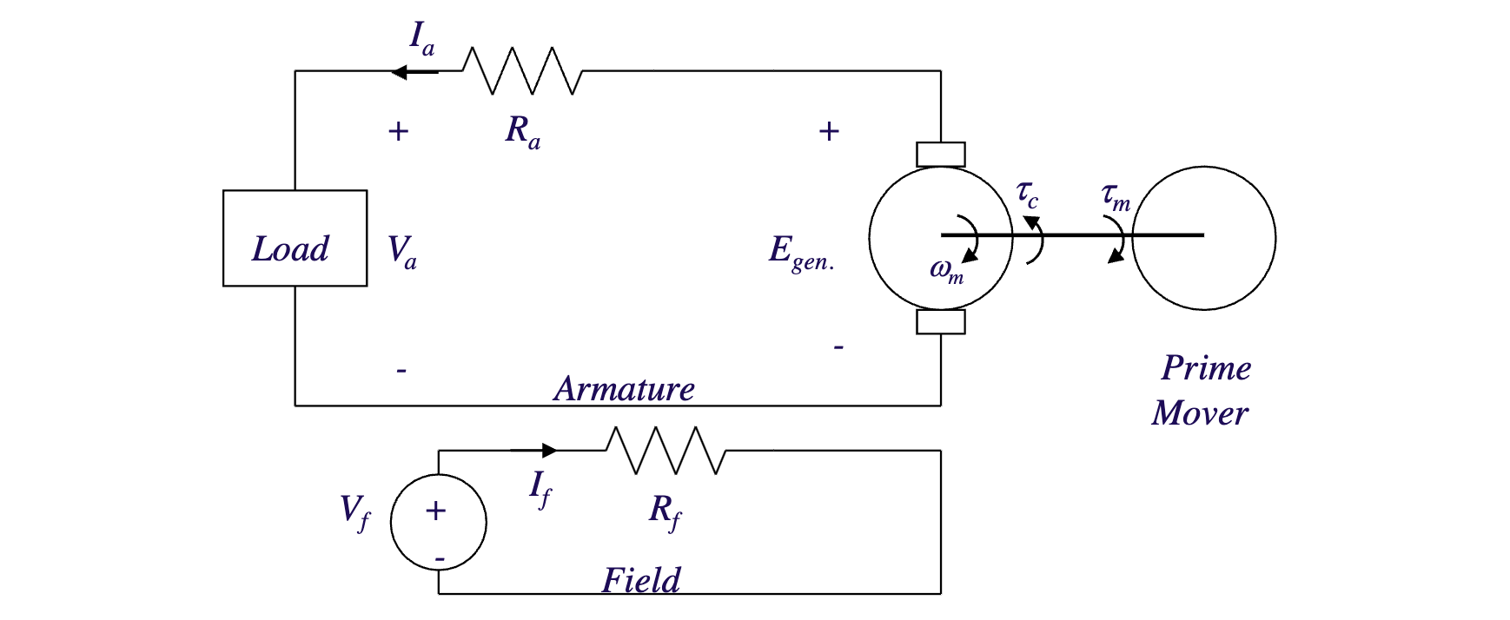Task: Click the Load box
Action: click(x=295, y=238)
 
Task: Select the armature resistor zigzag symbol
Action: click(x=522, y=70)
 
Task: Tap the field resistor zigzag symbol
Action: click(x=666, y=450)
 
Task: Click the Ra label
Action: click(x=522, y=132)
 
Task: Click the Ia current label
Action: click(x=421, y=39)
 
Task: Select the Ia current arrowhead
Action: click(x=400, y=71)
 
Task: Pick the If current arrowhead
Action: click(x=548, y=450)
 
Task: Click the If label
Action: click(x=540, y=488)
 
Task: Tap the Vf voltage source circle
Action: click(x=438, y=522)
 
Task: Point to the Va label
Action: click(x=401, y=252)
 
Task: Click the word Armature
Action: click(x=624, y=389)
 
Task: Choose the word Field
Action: click(x=641, y=580)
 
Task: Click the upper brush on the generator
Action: click(x=941, y=155)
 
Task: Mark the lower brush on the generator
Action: click(x=941, y=322)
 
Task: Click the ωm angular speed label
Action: click(x=946, y=271)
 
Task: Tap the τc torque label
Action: click(x=1027, y=195)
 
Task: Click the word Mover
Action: click(x=1200, y=413)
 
